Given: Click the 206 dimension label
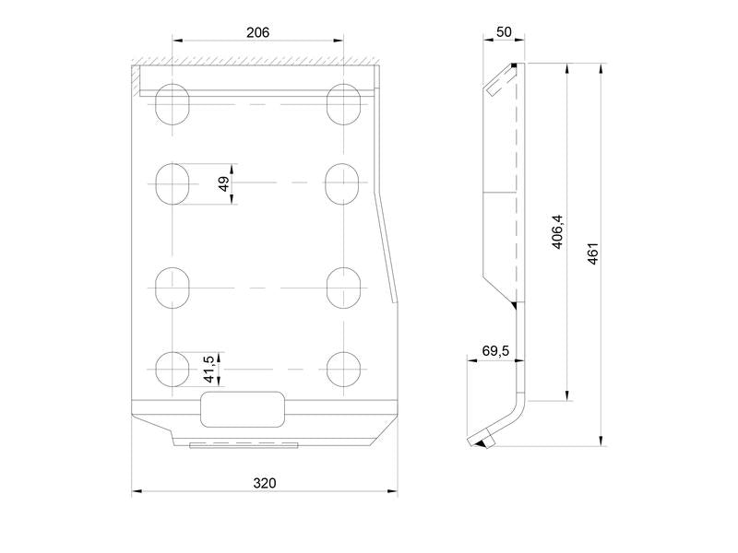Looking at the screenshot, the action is pyautogui.click(x=258, y=32).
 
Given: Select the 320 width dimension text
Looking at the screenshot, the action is pyautogui.click(x=265, y=483).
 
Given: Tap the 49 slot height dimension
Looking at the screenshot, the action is pyautogui.click(x=224, y=183).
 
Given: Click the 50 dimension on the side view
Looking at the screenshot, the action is pyautogui.click(x=504, y=32).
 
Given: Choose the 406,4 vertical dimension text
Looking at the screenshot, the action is pyautogui.click(x=557, y=231).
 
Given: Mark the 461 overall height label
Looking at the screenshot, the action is pyautogui.click(x=592, y=253).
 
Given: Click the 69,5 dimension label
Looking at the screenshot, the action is pyautogui.click(x=495, y=351).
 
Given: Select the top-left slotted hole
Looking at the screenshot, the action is pyautogui.click(x=173, y=104).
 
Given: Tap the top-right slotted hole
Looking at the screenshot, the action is pyautogui.click(x=344, y=104).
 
